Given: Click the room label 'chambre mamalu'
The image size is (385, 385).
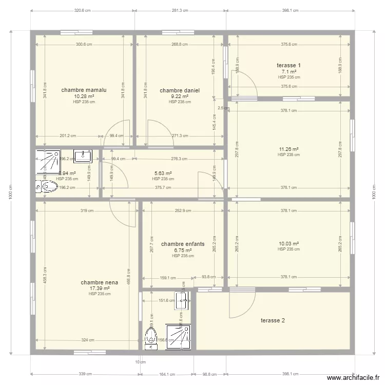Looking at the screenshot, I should pyautogui.click(x=84, y=90).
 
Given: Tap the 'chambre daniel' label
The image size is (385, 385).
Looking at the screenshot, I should pyautogui.click(x=180, y=90).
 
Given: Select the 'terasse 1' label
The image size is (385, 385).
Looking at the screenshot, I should pyautogui.click(x=288, y=65).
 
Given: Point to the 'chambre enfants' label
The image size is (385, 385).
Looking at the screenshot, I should pyautogui.click(x=183, y=244).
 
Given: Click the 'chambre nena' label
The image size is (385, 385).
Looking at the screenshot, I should pyautogui.click(x=100, y=282).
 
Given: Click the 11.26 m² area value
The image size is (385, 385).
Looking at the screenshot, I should pyautogui.click(x=289, y=149).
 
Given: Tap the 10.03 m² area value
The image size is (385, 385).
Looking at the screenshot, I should pyautogui.click(x=289, y=244).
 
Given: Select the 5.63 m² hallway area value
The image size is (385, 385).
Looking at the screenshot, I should pyautogui.click(x=163, y=174).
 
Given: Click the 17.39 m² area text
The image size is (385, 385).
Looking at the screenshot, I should pyautogui.click(x=100, y=288).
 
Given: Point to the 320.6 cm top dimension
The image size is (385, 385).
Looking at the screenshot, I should pyautogui.click(x=83, y=10).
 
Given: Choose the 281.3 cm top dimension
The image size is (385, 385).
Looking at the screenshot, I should pyautogui.click(x=180, y=10).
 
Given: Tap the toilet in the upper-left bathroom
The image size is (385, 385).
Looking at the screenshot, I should pyautogui.click(x=47, y=187).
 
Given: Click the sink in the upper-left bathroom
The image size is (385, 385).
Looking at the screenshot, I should pyautogui.click(x=82, y=156).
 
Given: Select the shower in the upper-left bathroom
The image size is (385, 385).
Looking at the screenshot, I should pyautogui.click(x=48, y=162).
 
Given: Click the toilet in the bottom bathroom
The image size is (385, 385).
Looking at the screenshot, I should pyautogui.click(x=151, y=337).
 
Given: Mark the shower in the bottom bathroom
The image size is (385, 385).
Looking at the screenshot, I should pyautogui.click(x=179, y=336).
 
